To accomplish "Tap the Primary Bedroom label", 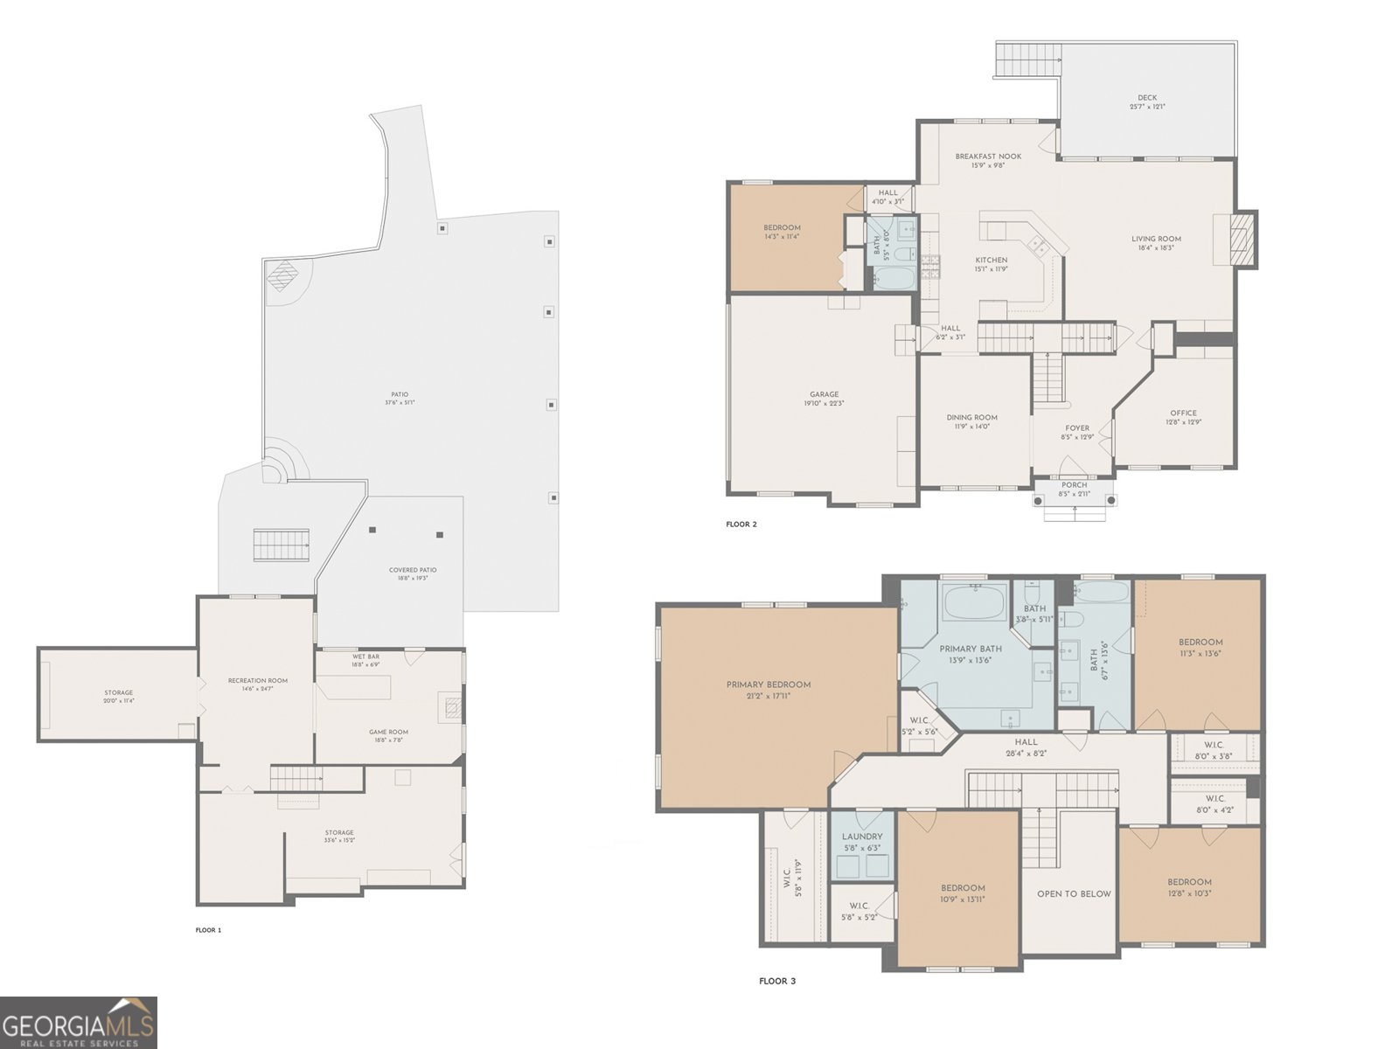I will pyautogui.click(x=769, y=685).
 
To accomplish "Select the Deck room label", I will pyautogui.click(x=1147, y=99).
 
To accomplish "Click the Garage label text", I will pyautogui.click(x=824, y=395).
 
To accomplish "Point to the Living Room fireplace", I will pyautogui.click(x=1240, y=240).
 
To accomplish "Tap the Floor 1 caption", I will pyautogui.click(x=208, y=930).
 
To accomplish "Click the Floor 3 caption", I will pyautogui.click(x=777, y=982).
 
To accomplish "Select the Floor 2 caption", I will pyautogui.click(x=741, y=524).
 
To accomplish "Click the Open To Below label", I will pyautogui.click(x=1074, y=894).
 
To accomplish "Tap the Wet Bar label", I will pyautogui.click(x=365, y=656).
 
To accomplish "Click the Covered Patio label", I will pyautogui.click(x=413, y=571).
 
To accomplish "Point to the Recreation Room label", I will pyautogui.click(x=257, y=681).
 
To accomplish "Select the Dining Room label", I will pyautogui.click(x=971, y=418).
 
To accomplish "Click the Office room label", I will pyautogui.click(x=1183, y=413).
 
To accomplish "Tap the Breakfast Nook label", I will pyautogui.click(x=988, y=157).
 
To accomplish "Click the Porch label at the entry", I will pyautogui.click(x=1074, y=485).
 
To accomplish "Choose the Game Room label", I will pyautogui.click(x=388, y=733).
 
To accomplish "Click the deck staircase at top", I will pyautogui.click(x=1028, y=59).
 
